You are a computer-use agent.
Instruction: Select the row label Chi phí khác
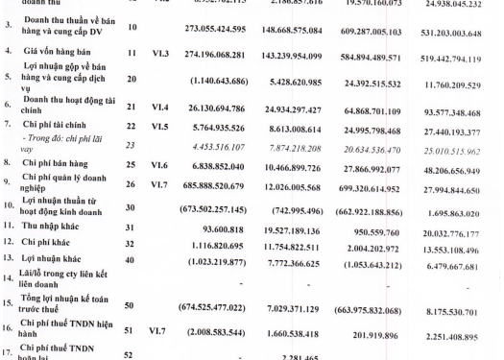[x=54, y=273]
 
